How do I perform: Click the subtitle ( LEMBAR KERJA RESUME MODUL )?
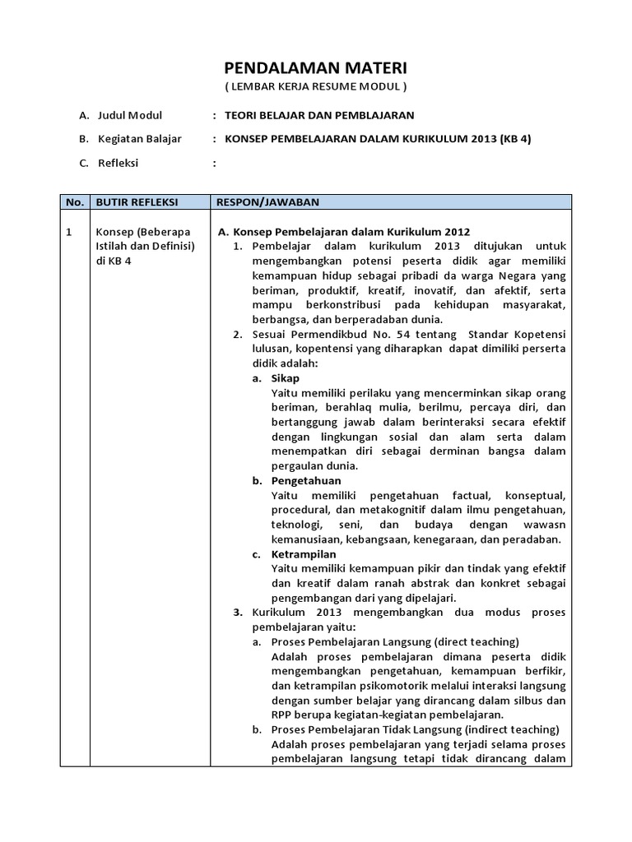point(316,86)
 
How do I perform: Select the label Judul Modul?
point(129,115)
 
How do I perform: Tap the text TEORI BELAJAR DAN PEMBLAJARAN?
point(319,115)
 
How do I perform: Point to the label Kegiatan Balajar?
point(139,139)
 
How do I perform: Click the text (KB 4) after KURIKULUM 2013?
point(514,139)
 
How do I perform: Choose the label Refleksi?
point(118,163)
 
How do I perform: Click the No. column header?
point(74,201)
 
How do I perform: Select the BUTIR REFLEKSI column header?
point(137,201)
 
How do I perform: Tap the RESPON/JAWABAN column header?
point(267,201)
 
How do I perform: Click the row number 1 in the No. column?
point(69,232)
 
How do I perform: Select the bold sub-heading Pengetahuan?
point(306,480)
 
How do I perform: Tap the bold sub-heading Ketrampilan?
point(304,554)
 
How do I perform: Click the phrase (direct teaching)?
point(477,641)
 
